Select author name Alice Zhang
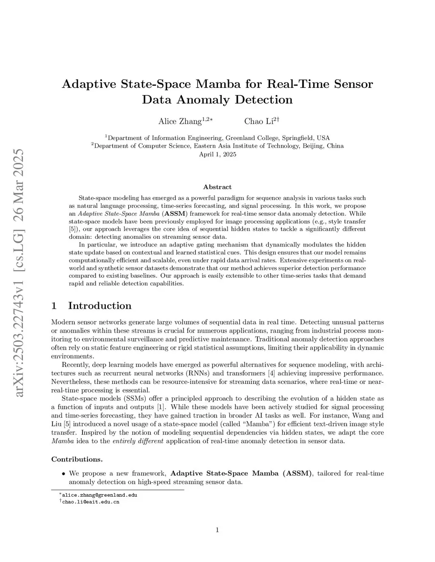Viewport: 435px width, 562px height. point(180,122)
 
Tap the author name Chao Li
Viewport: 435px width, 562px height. point(259,122)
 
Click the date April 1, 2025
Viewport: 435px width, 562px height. point(217,154)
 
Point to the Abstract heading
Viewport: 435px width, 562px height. point(217,187)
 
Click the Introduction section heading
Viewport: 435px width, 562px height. point(99,306)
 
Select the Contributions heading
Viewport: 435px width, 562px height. point(77,459)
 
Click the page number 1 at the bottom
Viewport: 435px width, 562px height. point(217,530)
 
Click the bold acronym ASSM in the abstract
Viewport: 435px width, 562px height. point(177,214)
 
